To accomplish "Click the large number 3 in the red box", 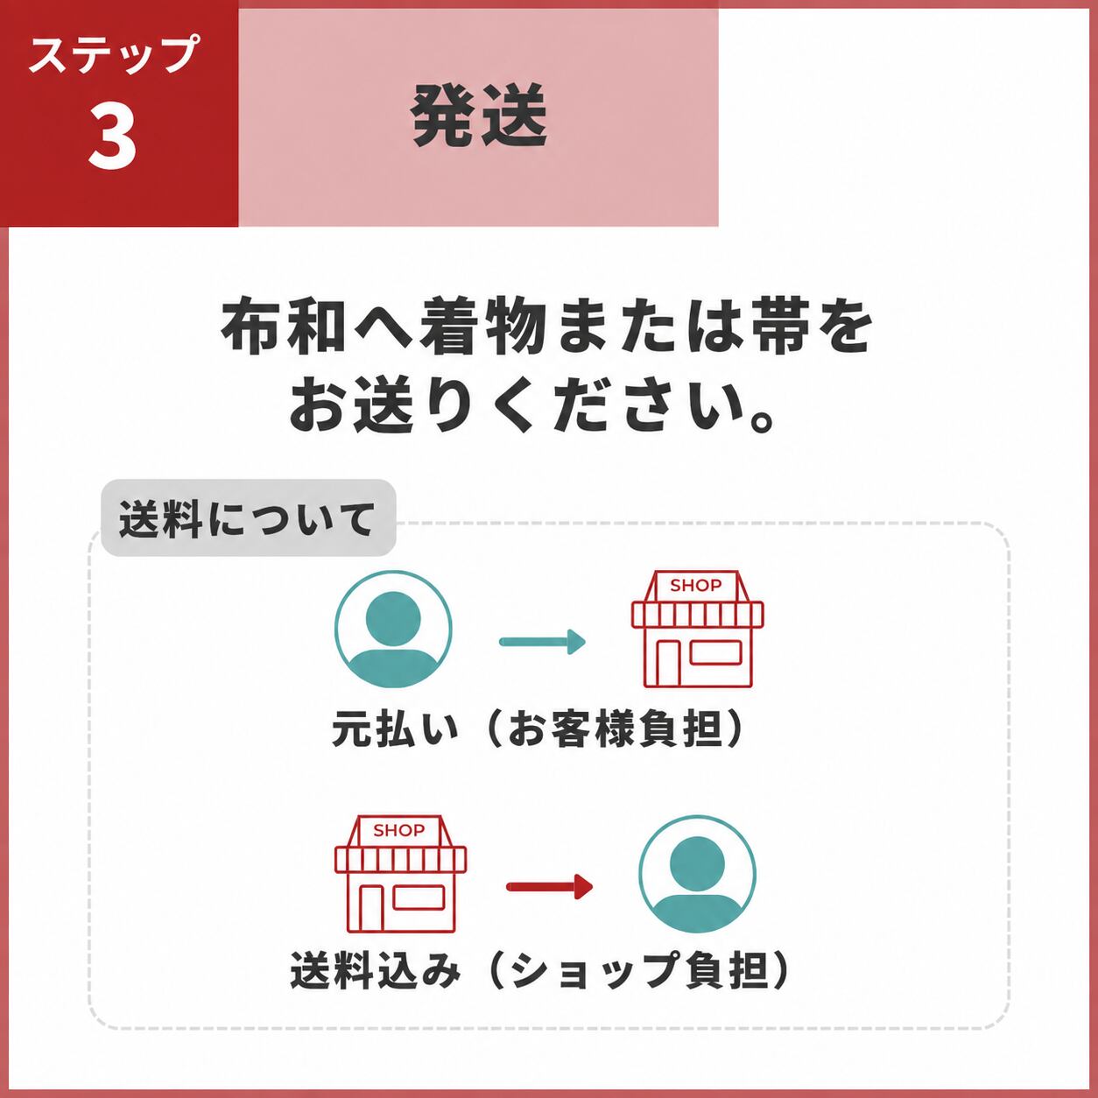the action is (x=112, y=137).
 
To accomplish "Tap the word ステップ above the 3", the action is (x=114, y=54).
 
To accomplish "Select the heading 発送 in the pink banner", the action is (x=479, y=116).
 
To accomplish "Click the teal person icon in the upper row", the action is (x=393, y=629).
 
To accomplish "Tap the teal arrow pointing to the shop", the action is (x=542, y=642).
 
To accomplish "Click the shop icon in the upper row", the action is (x=698, y=628).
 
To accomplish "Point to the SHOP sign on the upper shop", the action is (x=696, y=585).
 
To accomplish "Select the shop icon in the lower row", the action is (x=400, y=874).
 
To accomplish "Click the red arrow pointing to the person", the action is (x=549, y=887).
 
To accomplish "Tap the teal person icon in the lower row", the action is (x=698, y=874).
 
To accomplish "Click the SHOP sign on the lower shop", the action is (x=399, y=830).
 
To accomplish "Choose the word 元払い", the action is (x=394, y=728).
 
